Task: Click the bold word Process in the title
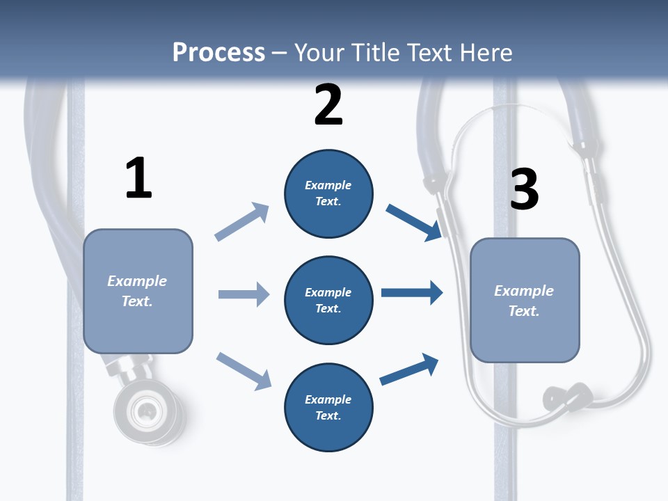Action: point(218,52)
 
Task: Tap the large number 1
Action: point(138,179)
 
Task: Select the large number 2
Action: point(328,105)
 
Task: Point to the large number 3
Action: point(524,189)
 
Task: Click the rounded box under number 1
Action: point(138,291)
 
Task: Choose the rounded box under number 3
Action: point(525,300)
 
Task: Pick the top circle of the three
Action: point(328,193)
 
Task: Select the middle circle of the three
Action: point(328,300)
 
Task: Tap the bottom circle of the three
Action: point(328,407)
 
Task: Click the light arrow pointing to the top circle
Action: point(242,221)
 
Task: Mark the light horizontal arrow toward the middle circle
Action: point(244,294)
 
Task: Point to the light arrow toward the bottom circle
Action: point(244,371)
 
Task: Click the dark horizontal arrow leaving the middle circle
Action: point(412,292)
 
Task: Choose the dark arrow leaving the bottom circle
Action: point(409,369)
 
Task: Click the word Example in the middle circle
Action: point(328,292)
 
